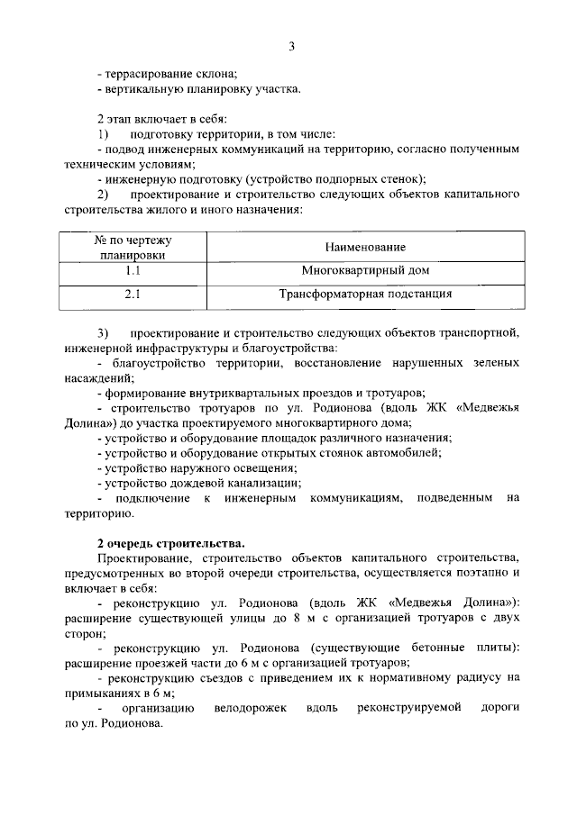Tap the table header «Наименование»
point(365,247)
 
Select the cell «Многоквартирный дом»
point(365,270)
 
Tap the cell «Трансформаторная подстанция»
point(365,294)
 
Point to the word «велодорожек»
point(251,708)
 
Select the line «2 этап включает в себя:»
point(162,119)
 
